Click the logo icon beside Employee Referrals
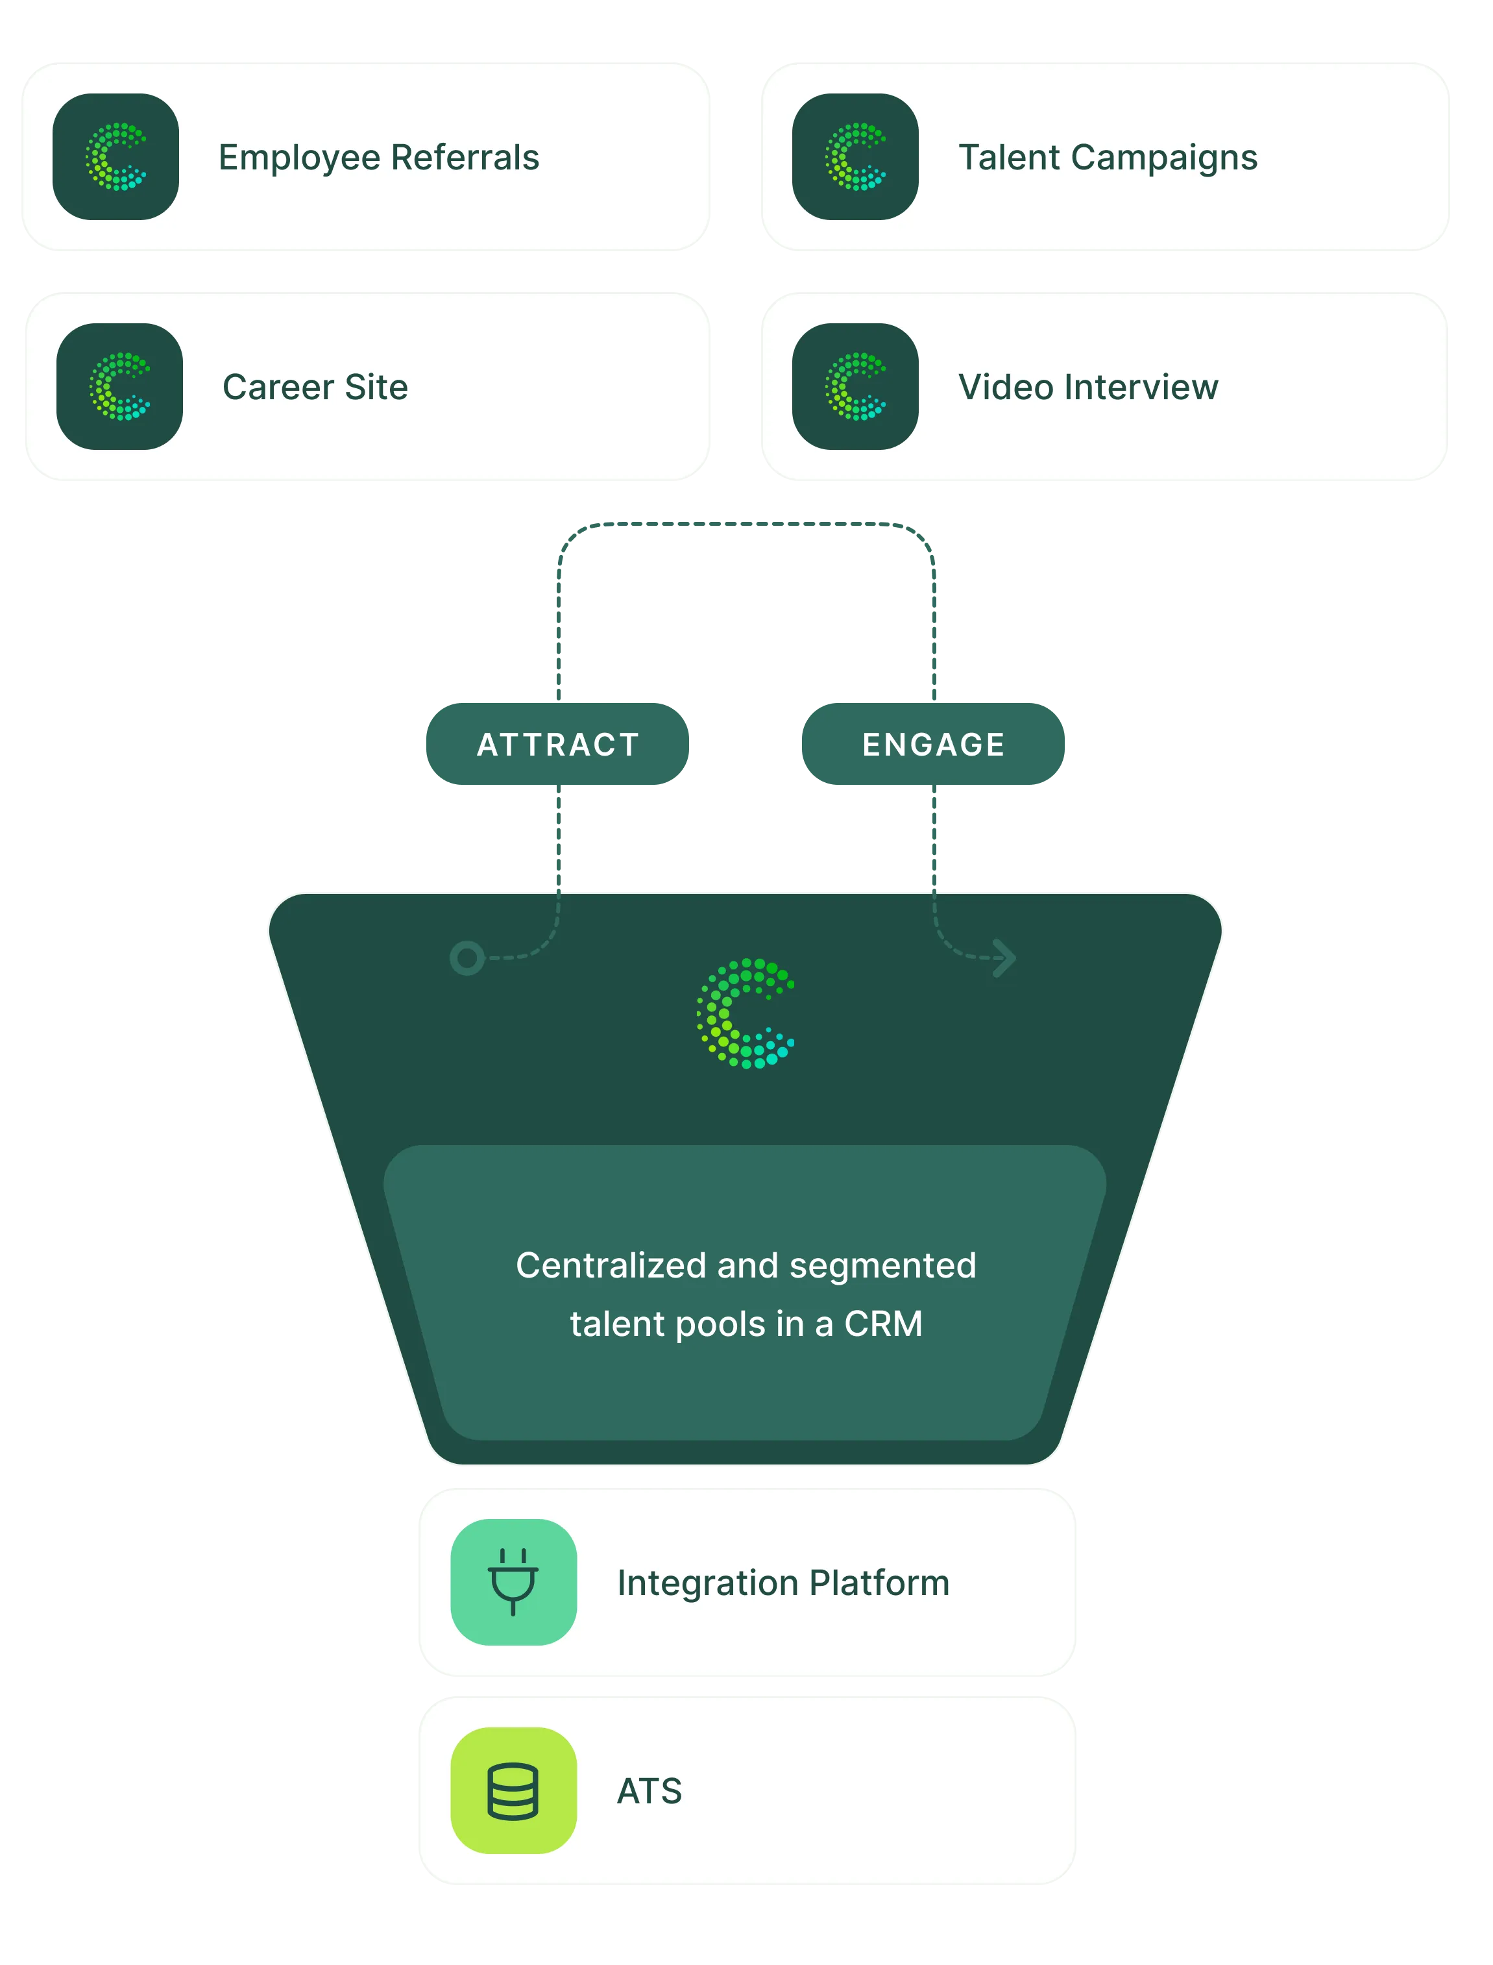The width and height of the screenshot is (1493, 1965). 115,156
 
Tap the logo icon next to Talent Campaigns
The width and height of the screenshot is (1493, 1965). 855,156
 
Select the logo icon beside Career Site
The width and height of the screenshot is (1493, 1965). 119,386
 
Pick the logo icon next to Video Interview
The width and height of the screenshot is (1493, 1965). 855,386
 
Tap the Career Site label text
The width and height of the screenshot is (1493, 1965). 315,387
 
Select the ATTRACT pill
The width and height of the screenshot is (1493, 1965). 557,744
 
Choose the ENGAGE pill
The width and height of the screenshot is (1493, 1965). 933,744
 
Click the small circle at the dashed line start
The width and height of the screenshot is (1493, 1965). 467,958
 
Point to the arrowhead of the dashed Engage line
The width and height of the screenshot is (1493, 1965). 1005,958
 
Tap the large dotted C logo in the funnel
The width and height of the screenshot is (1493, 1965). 745,1013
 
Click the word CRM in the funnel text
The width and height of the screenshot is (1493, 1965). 883,1324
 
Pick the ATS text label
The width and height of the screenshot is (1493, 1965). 649,1791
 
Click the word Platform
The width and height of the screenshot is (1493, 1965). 879,1583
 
